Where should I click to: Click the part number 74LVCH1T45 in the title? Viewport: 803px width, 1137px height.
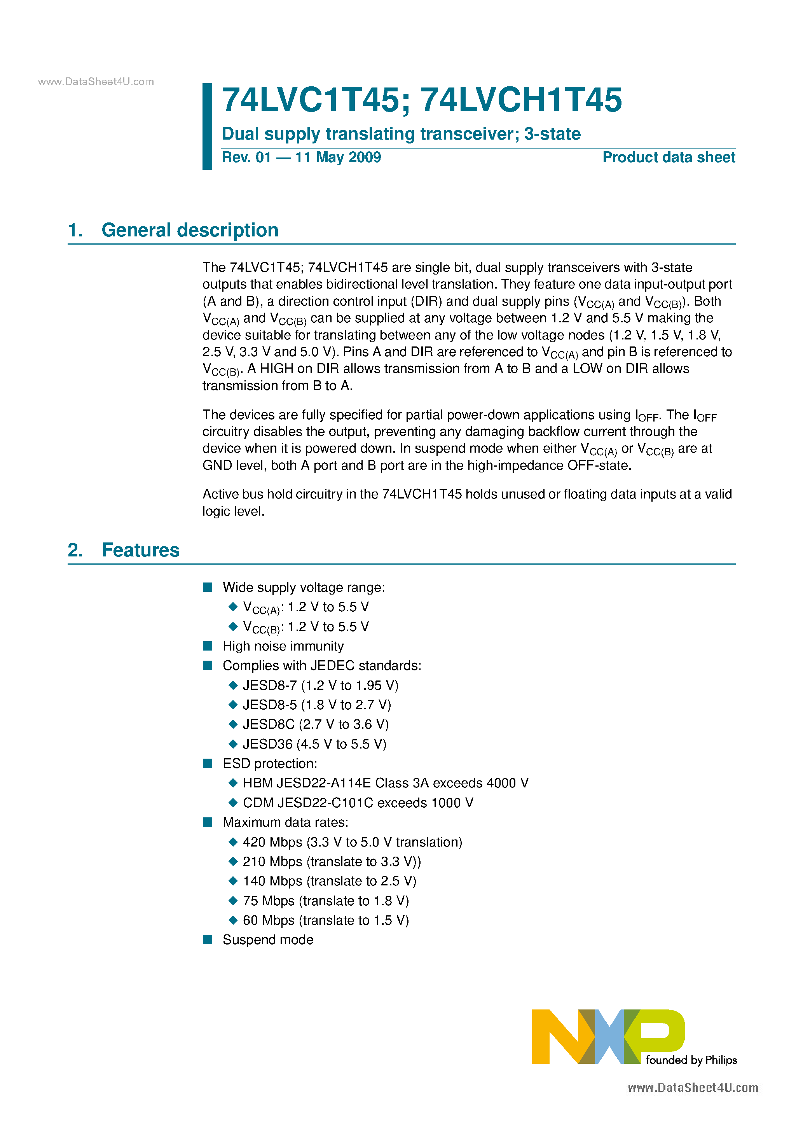click(521, 100)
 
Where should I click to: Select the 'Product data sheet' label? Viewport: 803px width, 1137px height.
click(669, 157)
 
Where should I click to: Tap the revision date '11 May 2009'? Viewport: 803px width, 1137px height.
click(338, 157)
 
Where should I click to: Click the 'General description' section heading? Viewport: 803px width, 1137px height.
click(190, 230)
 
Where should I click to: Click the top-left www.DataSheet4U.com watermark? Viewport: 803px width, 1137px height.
click(96, 82)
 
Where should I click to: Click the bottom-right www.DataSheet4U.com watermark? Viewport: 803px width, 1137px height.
click(693, 1088)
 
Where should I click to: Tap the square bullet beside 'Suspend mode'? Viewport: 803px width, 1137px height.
click(208, 939)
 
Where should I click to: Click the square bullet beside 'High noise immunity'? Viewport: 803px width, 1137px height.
click(208, 646)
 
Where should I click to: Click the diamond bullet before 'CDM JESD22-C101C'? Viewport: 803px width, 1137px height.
click(233, 802)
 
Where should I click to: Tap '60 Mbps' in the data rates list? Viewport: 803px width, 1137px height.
click(268, 920)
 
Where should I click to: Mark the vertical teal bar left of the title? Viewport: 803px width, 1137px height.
click(208, 126)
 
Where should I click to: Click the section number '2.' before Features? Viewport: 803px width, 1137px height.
click(75, 550)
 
